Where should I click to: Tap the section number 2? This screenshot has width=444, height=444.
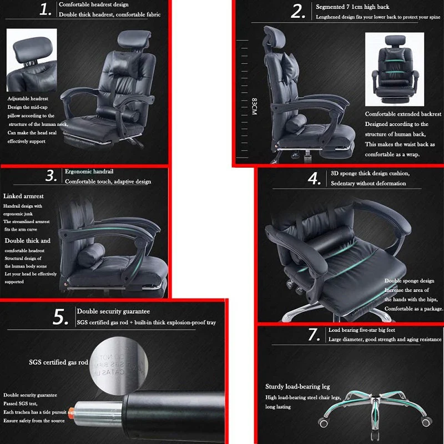[x=299, y=11]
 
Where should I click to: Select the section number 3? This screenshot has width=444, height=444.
[x=52, y=176]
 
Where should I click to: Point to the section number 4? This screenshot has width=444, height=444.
[x=315, y=179]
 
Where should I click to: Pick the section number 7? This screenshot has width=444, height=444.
[x=314, y=335]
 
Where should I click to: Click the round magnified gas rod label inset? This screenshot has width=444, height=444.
[x=118, y=361]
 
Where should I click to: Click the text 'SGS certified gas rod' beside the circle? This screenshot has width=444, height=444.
[x=58, y=362]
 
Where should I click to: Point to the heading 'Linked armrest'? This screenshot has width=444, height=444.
[x=23, y=196]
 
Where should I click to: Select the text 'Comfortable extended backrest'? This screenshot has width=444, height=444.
[x=403, y=114]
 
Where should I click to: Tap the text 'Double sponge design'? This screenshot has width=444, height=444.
[x=409, y=281]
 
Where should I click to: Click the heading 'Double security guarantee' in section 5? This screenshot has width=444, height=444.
[x=113, y=311]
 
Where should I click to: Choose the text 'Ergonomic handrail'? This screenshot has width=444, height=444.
[x=90, y=171]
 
